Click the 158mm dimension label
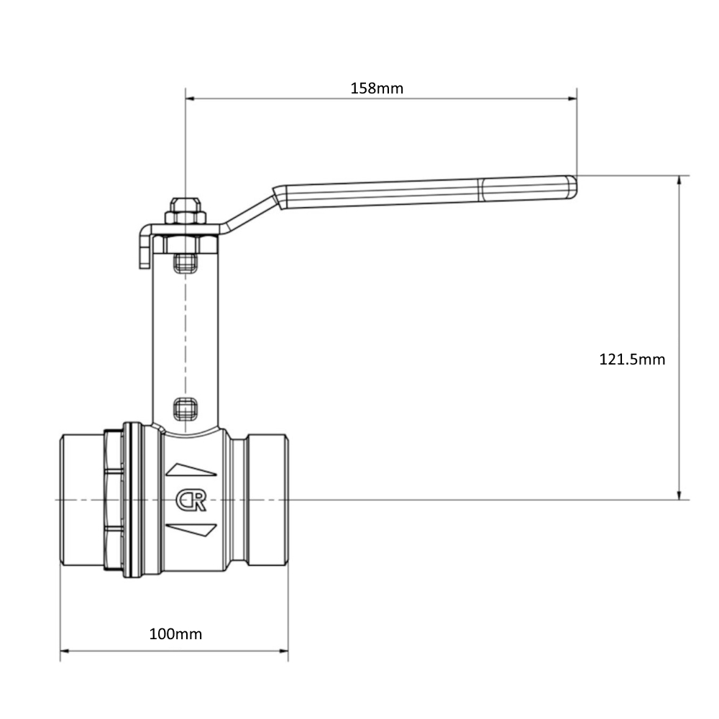pos(377,88)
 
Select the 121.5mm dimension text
pos(632,359)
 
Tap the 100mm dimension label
pos(175,634)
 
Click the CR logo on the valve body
pos(191,500)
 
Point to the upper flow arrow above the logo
pos(191,470)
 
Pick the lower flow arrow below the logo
pos(191,530)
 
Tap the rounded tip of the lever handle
pos(572,187)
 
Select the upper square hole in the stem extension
pos(186,263)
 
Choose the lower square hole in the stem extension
pos(186,409)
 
